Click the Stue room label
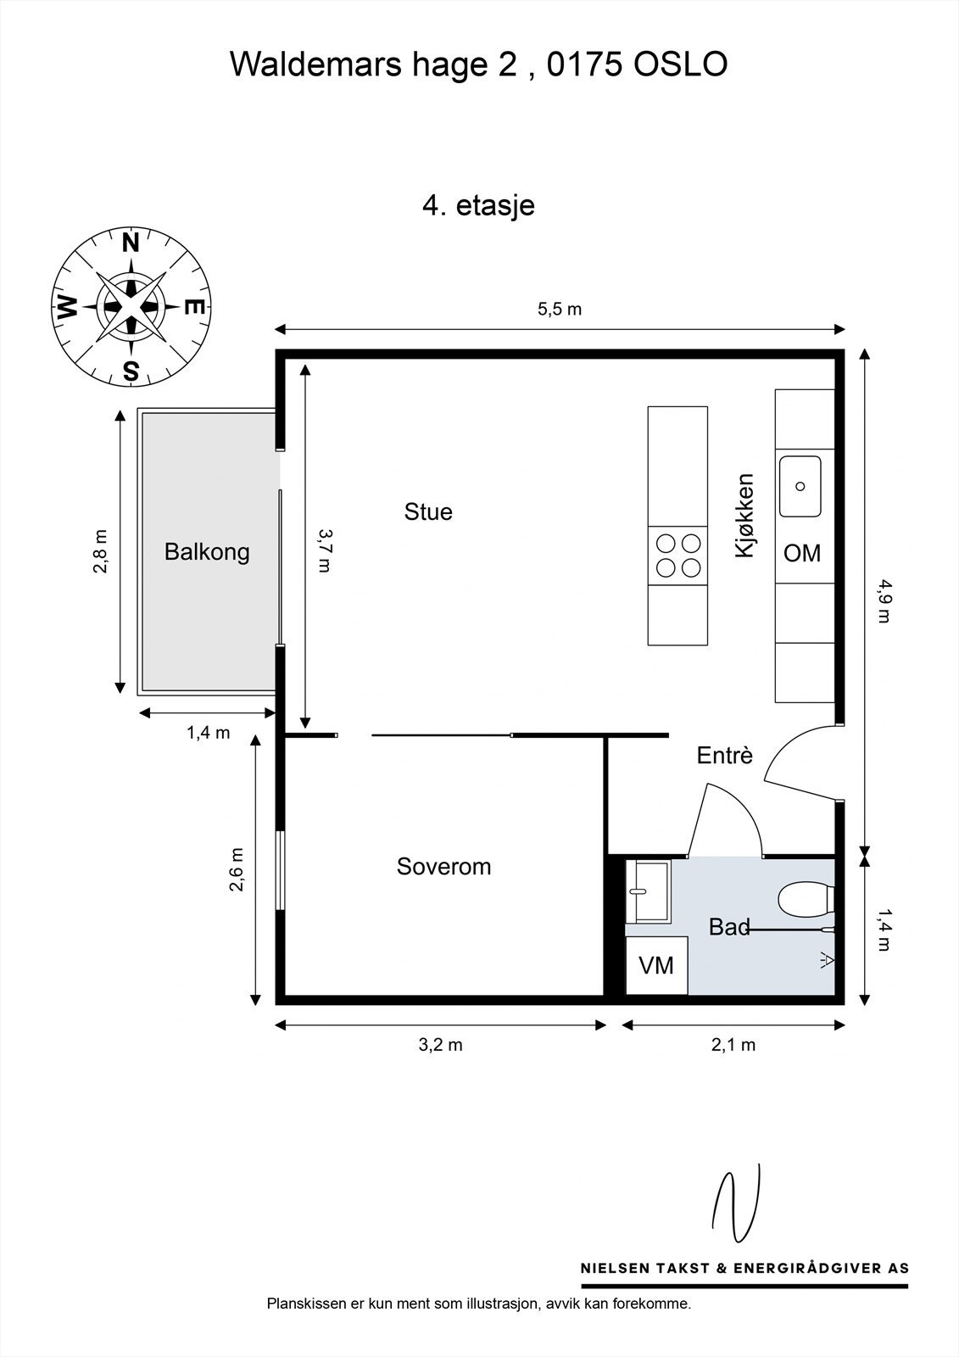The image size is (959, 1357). [x=428, y=512]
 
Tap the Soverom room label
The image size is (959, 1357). [x=443, y=867]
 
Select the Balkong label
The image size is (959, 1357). [x=207, y=552]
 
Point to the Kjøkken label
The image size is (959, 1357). [x=744, y=516]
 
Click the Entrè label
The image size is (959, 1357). [x=725, y=756]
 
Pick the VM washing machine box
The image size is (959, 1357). [x=656, y=965]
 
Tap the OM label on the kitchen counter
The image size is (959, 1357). [x=802, y=553]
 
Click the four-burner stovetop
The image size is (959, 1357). [x=677, y=556]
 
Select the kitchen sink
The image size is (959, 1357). [x=800, y=487]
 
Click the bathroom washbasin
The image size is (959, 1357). [x=648, y=891]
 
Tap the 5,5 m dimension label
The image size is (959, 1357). [x=559, y=310]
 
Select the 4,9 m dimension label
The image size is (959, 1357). [x=884, y=601]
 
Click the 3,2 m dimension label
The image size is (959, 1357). [x=440, y=1045]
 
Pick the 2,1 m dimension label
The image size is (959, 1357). [x=733, y=1045]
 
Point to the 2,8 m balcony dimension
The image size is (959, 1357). [x=101, y=551]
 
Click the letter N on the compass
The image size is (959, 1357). [x=131, y=243]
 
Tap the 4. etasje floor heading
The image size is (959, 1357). [x=478, y=205]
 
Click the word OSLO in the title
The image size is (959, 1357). [x=680, y=64]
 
